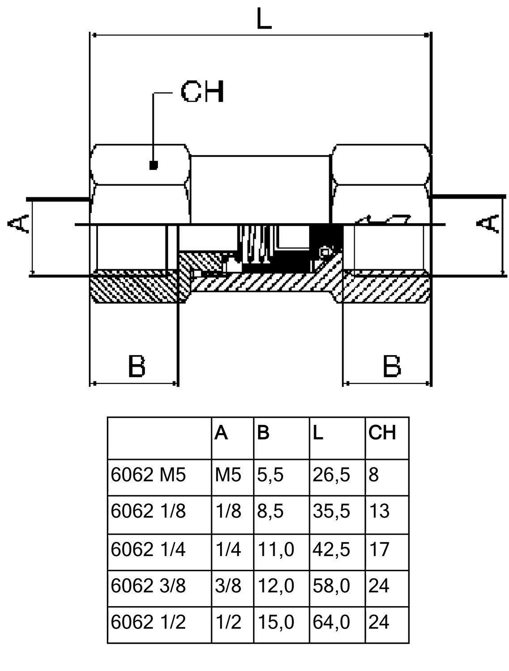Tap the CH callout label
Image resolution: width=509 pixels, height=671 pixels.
202,92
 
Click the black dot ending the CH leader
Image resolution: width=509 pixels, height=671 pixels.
153,166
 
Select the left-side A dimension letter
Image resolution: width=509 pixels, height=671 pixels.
19,223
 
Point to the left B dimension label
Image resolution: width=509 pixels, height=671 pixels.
136,366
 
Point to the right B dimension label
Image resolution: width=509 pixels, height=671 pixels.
392,366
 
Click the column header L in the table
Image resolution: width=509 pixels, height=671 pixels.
318,433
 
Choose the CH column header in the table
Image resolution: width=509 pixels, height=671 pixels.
382,433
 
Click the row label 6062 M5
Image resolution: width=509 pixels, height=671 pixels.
148,475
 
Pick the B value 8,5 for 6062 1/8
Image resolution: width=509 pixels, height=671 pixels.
270,511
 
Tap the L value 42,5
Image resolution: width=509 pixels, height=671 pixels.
331,549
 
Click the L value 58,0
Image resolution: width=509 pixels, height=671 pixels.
331,586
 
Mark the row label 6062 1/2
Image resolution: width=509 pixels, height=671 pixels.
148,622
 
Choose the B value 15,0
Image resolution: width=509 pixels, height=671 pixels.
276,622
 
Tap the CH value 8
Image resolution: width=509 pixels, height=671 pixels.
373,475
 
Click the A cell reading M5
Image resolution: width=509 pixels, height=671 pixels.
228,475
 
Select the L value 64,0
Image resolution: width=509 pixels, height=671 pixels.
331,622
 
